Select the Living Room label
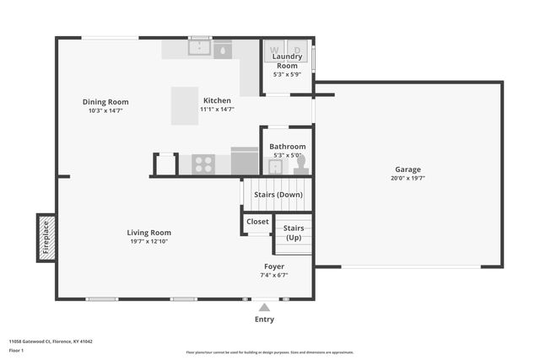(x=149, y=233)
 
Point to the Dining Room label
(x=105, y=102)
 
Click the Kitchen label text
(x=216, y=100)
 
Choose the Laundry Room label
(x=287, y=61)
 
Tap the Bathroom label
(x=287, y=147)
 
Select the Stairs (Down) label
(x=278, y=195)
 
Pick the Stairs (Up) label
(x=293, y=233)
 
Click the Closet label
(x=257, y=222)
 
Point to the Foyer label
(x=274, y=266)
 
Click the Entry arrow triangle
(x=264, y=308)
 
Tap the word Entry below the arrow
(x=264, y=320)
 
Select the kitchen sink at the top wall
(x=200, y=48)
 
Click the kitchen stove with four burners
(x=203, y=163)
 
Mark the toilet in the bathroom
(x=300, y=164)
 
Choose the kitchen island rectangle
(x=185, y=105)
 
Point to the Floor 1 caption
(x=16, y=349)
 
